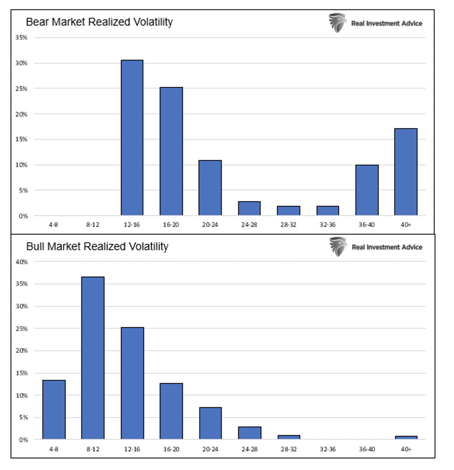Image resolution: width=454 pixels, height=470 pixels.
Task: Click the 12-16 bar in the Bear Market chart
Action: click(x=132, y=138)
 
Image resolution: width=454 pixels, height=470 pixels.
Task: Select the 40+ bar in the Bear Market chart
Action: click(x=405, y=172)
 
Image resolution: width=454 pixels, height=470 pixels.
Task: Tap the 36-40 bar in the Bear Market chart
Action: click(x=367, y=190)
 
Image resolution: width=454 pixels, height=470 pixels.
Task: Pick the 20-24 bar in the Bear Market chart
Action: click(x=210, y=188)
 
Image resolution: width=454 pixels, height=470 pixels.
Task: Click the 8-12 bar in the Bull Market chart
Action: click(x=93, y=358)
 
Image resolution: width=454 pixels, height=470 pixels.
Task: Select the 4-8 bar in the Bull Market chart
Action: click(x=54, y=410)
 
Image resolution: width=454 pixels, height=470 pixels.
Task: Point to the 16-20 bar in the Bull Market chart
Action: click(x=171, y=411)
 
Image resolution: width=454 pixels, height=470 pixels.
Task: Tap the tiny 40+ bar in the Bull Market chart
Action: click(x=406, y=438)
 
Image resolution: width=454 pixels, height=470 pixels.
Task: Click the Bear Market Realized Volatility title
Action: click(x=99, y=22)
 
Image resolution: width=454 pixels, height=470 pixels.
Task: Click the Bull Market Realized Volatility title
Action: click(x=97, y=246)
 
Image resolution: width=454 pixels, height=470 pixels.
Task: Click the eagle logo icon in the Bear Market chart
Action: click(x=338, y=23)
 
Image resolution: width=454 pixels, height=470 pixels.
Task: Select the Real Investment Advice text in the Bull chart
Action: click(x=387, y=247)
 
